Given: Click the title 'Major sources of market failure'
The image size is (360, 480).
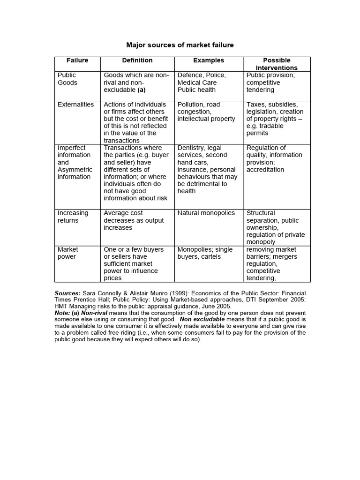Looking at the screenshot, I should pos(180,45).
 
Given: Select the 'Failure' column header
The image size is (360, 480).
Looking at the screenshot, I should pos(77,60).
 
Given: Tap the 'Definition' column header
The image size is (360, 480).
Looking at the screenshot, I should pos(137,60).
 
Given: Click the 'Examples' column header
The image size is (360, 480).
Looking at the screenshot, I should pos(209,60).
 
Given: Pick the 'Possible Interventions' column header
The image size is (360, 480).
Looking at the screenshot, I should pos(277,64).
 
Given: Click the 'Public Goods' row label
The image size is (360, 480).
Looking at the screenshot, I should pos(67,79).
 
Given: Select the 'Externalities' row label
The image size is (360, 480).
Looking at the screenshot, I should pos(75,105).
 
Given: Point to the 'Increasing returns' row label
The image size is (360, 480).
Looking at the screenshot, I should pos(73,217).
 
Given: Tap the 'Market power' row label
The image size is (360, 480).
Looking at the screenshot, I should pos(68,253).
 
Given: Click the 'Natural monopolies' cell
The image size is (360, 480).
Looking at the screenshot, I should pos(206,213).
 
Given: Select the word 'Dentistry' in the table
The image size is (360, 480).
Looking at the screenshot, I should pos(193,148).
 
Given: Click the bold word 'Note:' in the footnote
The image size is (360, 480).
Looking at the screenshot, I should pos(63,313).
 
